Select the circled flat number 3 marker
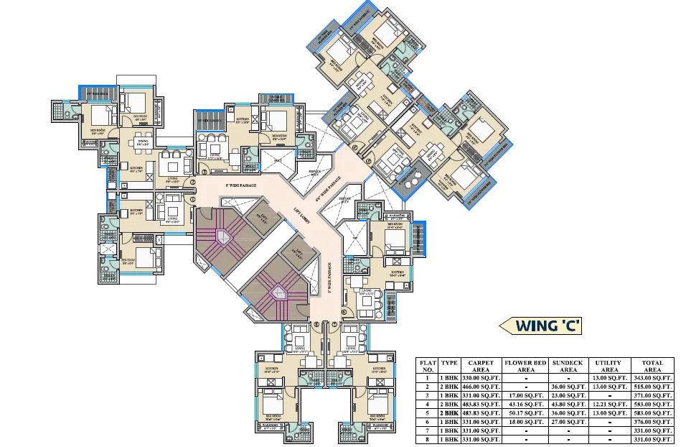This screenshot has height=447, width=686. pyautogui.click(x=205, y=173)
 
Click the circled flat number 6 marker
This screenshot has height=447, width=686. pyautogui.click(x=343, y=312)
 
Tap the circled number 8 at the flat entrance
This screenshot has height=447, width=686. pyautogui.click(x=316, y=324)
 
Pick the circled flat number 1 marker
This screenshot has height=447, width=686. pyautogui.click(x=192, y=199)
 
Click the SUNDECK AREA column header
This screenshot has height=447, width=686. pyautogui.click(x=568, y=366)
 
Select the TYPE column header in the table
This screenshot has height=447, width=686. pyautogui.click(x=449, y=363)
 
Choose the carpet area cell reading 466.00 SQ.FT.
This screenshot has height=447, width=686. pyautogui.click(x=480, y=387)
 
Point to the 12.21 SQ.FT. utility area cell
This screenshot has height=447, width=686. pyautogui.click(x=609, y=404)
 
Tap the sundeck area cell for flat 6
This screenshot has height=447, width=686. pyautogui.click(x=568, y=421)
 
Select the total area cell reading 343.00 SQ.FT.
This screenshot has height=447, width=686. pyautogui.click(x=652, y=378)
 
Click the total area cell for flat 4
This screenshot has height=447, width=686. pyautogui.click(x=652, y=404)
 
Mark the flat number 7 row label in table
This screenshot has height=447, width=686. pyautogui.click(x=428, y=430)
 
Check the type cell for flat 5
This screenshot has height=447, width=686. pyautogui.click(x=449, y=413)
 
